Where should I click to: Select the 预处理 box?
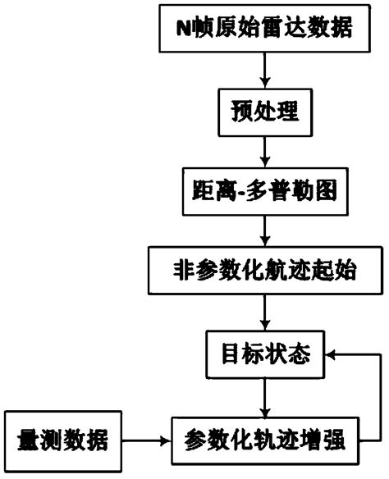point(264,111)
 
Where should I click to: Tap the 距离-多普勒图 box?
point(264,194)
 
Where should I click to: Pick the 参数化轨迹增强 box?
point(264,436)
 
